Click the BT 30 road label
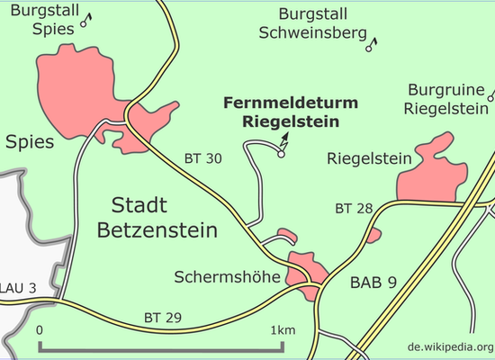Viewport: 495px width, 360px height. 203,158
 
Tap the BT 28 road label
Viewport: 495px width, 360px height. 354,209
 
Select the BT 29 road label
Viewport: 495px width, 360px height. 163,318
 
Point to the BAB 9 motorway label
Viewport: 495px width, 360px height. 373,283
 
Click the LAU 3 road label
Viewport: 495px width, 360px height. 18,288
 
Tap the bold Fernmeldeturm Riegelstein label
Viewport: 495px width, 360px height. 291,112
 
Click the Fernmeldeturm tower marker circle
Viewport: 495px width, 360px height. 281,154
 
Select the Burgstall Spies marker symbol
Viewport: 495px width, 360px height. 85,21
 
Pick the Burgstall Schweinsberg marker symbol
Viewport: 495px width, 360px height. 371,45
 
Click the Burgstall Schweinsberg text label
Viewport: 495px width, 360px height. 313,23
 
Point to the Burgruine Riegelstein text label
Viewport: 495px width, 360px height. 446,99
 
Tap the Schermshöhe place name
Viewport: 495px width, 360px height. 228,277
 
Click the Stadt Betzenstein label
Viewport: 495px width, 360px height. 157,218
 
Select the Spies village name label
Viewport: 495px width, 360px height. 30,142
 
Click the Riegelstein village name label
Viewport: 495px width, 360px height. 369,158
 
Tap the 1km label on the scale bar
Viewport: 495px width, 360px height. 283,330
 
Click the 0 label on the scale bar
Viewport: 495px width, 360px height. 39,330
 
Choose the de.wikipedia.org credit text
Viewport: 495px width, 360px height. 451,346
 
